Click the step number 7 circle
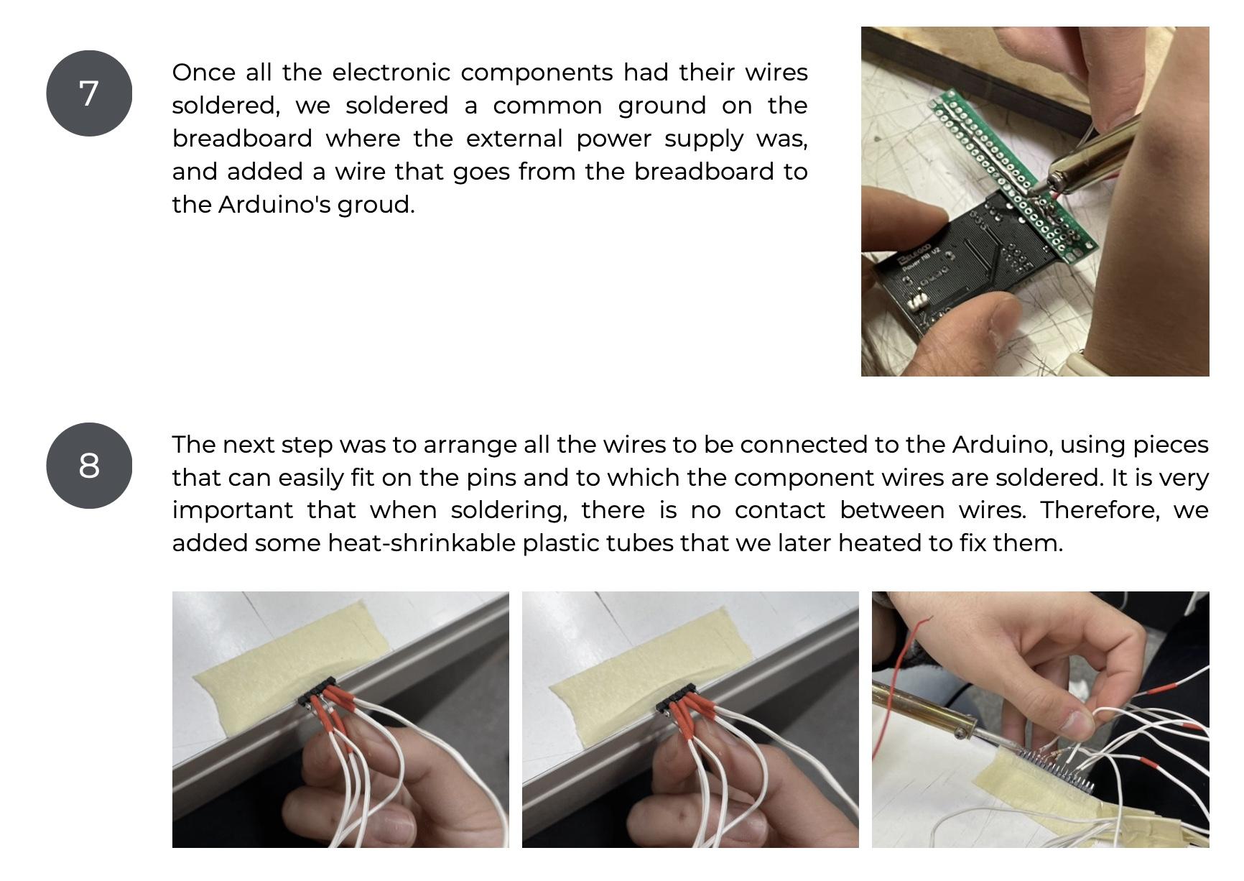[89, 93]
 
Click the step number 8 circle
[89, 466]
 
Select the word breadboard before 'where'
[242, 138]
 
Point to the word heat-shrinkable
[422, 543]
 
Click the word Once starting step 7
[204, 73]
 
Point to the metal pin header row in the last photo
[1056, 769]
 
